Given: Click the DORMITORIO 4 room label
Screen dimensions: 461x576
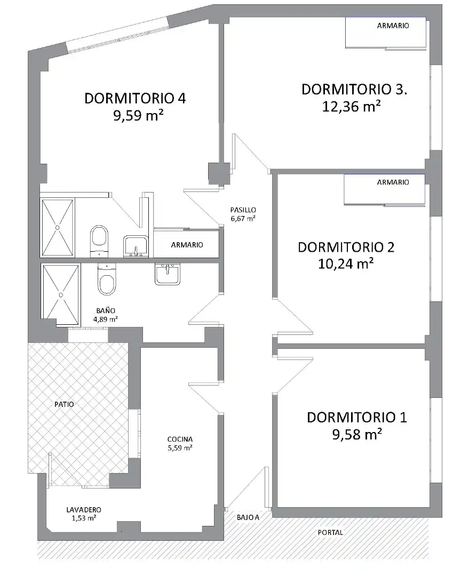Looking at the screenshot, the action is (x=135, y=99).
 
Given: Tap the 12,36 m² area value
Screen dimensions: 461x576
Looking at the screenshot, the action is (x=351, y=106).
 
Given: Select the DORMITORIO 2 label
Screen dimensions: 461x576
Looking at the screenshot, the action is (x=346, y=247).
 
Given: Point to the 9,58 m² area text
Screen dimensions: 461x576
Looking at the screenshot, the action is (x=357, y=434).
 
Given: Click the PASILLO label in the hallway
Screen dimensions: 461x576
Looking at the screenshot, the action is (x=243, y=210).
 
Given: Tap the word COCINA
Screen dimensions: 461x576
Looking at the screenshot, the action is (x=180, y=439).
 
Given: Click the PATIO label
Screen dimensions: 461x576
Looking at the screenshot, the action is (x=64, y=404).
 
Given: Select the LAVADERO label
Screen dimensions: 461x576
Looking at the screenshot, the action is (x=83, y=509).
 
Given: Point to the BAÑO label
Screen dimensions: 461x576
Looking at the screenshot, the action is (x=106, y=311).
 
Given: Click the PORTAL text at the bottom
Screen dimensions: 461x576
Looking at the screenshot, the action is (x=330, y=532).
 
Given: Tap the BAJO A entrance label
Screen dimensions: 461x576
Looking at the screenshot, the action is (x=248, y=517).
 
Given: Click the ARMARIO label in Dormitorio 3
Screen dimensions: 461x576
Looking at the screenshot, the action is (x=393, y=26).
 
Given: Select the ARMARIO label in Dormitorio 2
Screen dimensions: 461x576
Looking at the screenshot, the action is (x=393, y=182).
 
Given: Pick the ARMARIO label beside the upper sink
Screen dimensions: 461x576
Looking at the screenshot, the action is (x=187, y=245).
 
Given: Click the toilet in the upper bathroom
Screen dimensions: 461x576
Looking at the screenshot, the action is (x=99, y=241).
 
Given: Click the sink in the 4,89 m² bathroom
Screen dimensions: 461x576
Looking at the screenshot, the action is (x=168, y=274).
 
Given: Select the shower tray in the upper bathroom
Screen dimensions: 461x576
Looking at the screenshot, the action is (x=57, y=228).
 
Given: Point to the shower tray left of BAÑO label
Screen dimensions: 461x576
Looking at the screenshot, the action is (x=60, y=294).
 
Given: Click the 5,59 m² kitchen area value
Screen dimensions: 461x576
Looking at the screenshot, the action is (x=180, y=448).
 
